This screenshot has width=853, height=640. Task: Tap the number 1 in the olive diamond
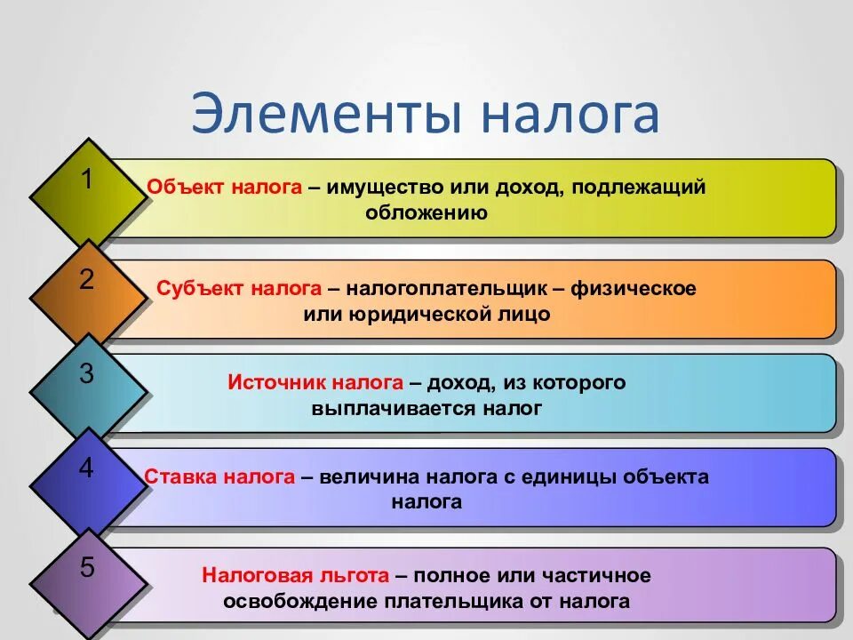click(x=86, y=180)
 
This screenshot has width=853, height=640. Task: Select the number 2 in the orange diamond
click(x=86, y=280)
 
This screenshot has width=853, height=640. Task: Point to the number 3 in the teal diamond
click(x=86, y=374)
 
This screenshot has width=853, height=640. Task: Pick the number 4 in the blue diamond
click(x=86, y=468)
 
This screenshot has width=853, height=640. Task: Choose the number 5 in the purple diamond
click(x=86, y=568)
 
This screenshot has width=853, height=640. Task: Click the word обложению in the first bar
click(x=426, y=213)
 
